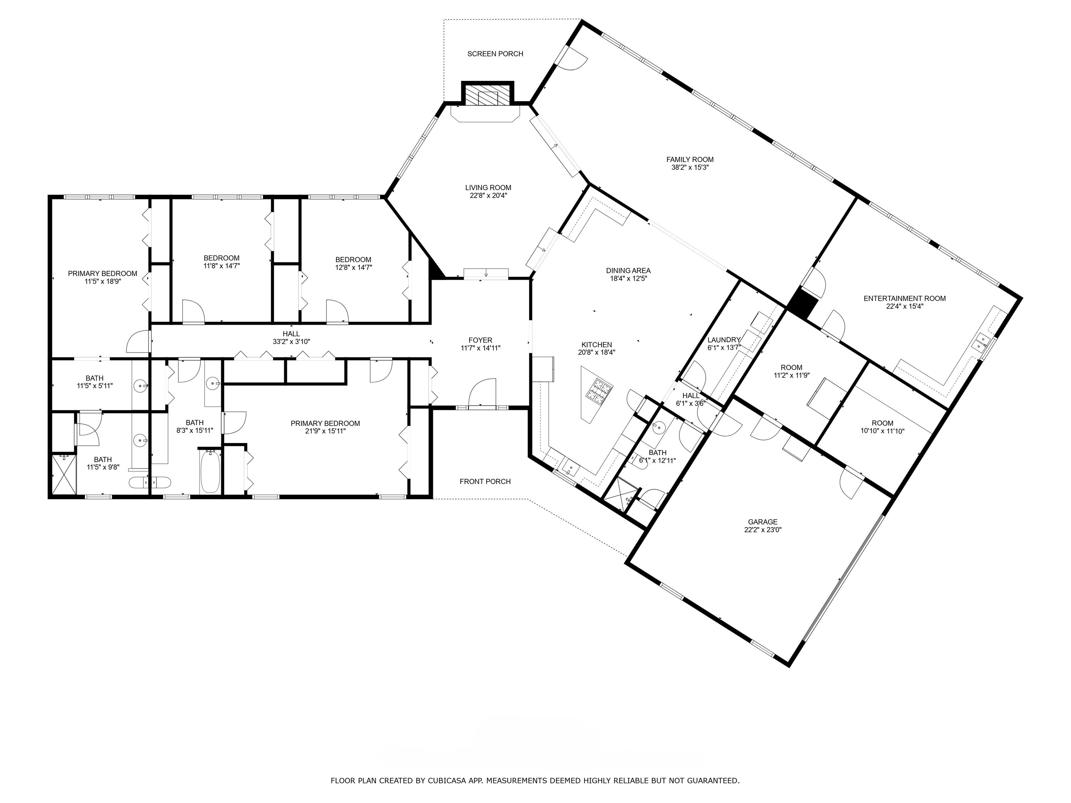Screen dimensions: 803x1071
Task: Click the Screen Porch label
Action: tap(495, 54)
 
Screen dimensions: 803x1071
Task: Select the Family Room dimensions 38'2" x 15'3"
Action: tap(690, 168)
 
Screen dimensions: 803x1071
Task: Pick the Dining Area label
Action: tap(628, 270)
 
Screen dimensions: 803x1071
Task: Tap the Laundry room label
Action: tap(723, 340)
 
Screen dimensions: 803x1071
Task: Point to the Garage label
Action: tap(762, 522)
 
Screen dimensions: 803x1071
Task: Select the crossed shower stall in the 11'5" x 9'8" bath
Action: tap(64, 474)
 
